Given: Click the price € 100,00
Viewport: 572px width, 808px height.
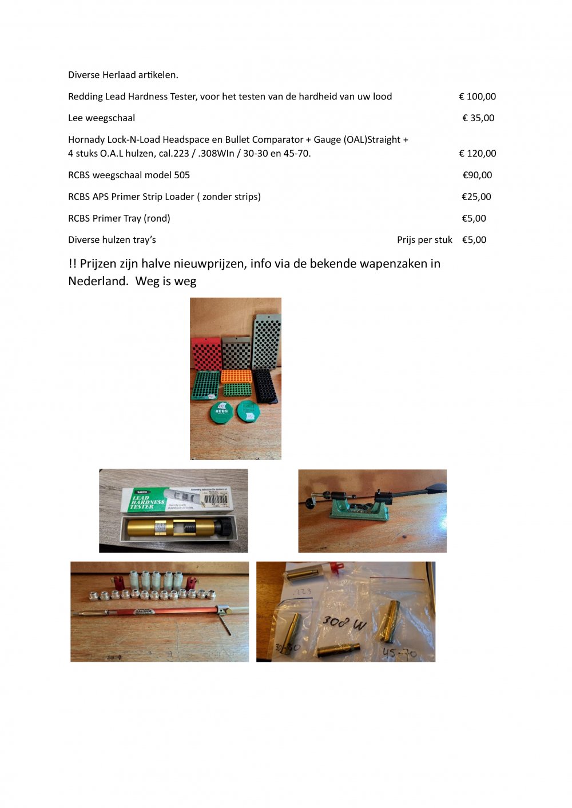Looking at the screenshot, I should point(477,97).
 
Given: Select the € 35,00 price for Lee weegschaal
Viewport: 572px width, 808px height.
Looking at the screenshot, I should point(478,118).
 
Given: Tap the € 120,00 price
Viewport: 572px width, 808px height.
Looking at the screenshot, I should point(477,153).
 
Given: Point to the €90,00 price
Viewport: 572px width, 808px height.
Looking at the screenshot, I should point(477,175).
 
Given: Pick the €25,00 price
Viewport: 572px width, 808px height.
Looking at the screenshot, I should point(476,197).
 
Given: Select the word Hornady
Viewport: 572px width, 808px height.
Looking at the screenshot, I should point(86,139).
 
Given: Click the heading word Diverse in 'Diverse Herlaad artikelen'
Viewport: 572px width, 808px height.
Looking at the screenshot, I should point(84,75).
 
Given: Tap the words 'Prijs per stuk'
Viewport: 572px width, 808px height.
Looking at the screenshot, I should point(424,240).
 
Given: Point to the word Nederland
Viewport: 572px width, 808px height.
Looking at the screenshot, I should point(94,281).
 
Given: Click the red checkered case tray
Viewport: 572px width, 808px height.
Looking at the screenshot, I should point(205,353).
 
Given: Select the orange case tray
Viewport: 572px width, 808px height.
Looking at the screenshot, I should point(236,376).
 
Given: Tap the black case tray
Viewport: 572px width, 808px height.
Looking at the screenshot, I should point(265,386).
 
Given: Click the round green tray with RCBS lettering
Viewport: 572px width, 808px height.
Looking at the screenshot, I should point(221,411).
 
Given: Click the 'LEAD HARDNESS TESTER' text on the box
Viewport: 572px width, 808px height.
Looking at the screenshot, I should point(148,501).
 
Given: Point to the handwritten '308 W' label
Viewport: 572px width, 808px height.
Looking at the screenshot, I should point(343,622).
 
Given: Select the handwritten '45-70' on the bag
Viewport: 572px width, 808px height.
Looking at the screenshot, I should point(399,653).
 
